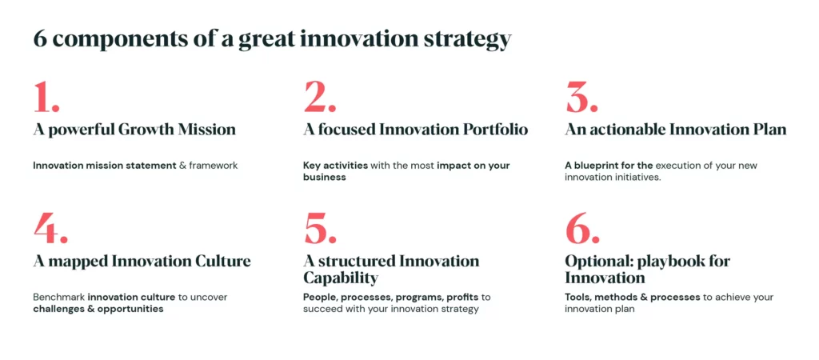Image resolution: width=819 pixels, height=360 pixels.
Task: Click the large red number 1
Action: pos(43,97)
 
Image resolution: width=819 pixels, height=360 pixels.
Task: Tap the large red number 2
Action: pos(315,97)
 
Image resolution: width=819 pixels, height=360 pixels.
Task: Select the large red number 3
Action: pos(577,97)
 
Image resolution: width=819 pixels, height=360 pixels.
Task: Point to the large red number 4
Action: pos(46,228)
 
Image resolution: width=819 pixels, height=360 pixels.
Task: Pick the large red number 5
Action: pos(315,229)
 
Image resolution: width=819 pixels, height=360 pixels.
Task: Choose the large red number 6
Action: pos(577,229)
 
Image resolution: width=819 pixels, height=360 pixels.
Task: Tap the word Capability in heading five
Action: pos(340,278)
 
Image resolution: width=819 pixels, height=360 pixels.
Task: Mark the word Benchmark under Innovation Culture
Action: pos(58,298)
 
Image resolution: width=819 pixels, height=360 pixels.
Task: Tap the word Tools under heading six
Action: pos(577,298)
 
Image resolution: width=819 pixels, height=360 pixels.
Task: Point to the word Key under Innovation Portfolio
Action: pos(311,166)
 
